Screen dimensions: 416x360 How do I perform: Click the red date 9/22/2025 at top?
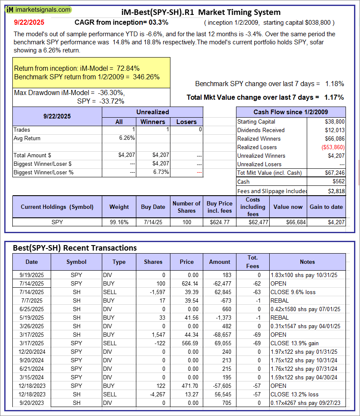29,22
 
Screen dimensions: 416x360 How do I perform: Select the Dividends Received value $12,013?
335,130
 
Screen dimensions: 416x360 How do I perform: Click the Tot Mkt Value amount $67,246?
335,173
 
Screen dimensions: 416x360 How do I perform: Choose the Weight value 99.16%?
119,222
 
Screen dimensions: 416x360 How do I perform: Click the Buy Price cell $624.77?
218,222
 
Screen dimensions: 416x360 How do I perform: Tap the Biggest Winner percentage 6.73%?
161,172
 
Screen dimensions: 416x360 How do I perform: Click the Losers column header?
186,121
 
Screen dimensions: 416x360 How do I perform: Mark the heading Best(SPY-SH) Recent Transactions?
75,248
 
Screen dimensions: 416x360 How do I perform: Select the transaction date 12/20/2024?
32,352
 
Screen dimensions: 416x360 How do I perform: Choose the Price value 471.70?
187,386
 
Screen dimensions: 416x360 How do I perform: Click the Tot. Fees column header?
253,262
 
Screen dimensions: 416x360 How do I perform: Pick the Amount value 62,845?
219,292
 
